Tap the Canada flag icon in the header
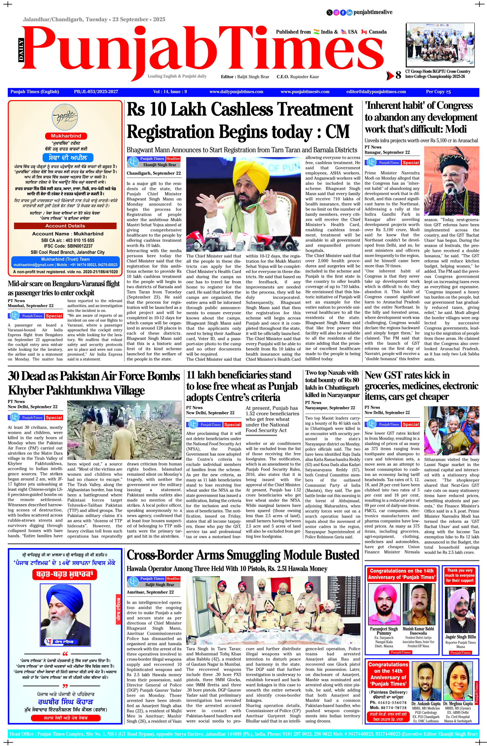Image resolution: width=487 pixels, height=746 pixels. tap(364, 32)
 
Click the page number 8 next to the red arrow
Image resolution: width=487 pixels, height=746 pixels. tap(398, 75)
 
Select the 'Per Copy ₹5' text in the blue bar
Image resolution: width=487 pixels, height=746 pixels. tap(438, 92)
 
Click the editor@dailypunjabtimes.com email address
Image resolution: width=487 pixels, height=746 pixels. tap(376, 92)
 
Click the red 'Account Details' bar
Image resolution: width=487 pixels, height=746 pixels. tap(65, 226)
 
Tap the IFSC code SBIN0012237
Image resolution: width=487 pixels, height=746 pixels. tap(65, 246)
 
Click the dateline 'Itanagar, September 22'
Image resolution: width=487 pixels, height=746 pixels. tap(387, 152)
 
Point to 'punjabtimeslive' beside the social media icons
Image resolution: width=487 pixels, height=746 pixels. tap(373, 12)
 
